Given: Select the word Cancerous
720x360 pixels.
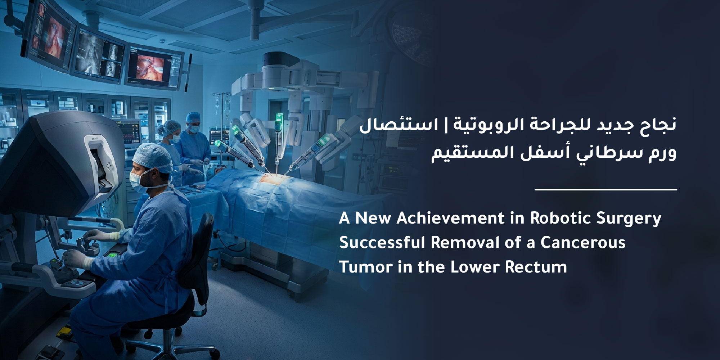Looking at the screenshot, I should click(x=583, y=243).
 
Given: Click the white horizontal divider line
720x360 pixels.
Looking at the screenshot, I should click(x=606, y=189).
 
